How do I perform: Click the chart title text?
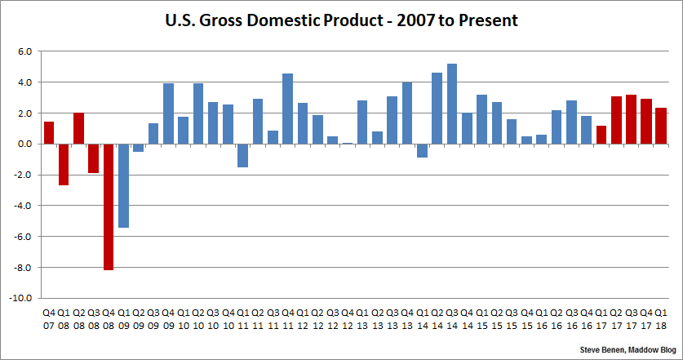pos(341,18)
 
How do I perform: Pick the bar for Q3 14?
pos(451,104)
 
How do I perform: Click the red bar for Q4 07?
pos(49,132)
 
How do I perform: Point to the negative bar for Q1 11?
pos(242,155)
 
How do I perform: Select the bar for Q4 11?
pos(287,109)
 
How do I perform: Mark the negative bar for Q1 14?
pos(422,150)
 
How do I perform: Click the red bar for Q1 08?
pos(64,164)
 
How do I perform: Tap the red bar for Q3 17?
pos(631,119)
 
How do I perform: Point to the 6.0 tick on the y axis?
pos(24,51)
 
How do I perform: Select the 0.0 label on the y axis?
pos(24,144)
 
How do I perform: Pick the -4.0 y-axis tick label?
pos(23,206)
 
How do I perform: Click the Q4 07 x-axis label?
pos(49,318)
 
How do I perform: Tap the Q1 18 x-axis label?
pos(660,318)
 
